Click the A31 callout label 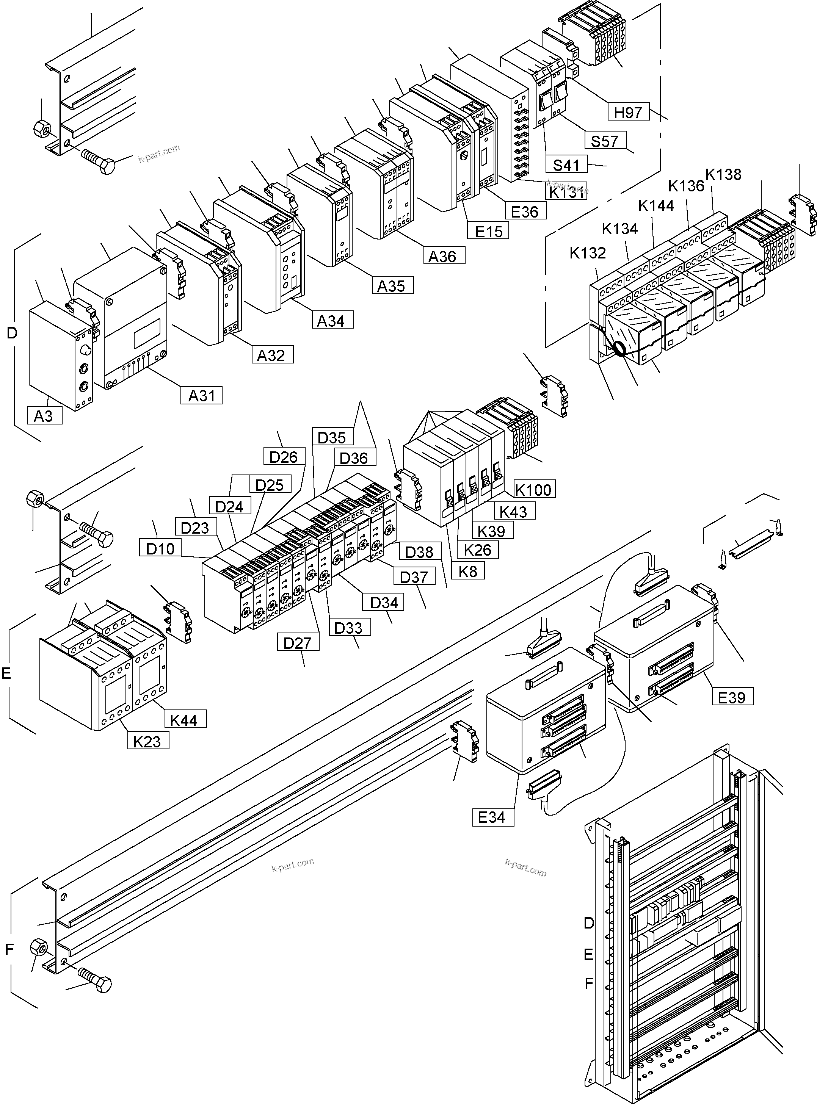tap(202, 396)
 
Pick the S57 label tap(604, 141)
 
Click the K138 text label tap(723, 174)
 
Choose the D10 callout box tap(160, 548)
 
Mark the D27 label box tap(298, 643)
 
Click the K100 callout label tap(533, 490)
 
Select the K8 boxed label tap(468, 571)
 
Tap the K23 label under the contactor tap(147, 741)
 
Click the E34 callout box tap(492, 817)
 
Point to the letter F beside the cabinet tap(588, 983)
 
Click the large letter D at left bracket tap(12, 333)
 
